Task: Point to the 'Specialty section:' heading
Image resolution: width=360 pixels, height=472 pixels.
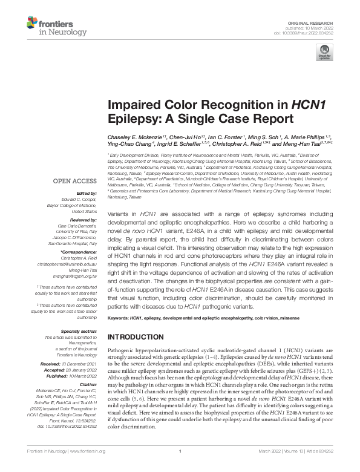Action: [x=78, y=332]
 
